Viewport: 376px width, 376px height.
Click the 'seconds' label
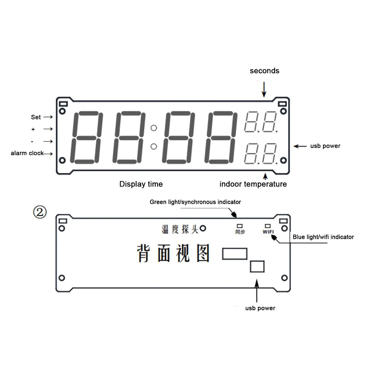pos(264,71)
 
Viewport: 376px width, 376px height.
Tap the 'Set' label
pos(36,117)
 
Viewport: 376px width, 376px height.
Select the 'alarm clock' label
pos(27,153)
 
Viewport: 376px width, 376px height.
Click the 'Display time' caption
pos(141,184)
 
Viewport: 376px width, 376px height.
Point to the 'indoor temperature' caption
pos(253,184)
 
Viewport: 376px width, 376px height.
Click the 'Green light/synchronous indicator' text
pos(195,202)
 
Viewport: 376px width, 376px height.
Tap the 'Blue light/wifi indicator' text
pos(323,237)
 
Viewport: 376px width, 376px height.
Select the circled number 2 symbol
pos(40,213)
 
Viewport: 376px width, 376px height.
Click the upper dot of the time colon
pos(153,128)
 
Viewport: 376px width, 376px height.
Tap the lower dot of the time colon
pos(153,146)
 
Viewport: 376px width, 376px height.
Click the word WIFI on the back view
pos(268,232)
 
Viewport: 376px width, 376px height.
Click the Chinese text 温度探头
pos(180,229)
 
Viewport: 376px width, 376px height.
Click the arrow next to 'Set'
pos(48,117)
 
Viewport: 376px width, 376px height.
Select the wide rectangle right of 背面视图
pos(235,253)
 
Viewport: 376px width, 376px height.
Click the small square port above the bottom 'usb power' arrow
pos(257,266)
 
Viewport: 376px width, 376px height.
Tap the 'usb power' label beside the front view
pos(325,146)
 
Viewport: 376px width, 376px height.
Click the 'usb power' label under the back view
pos(260,308)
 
